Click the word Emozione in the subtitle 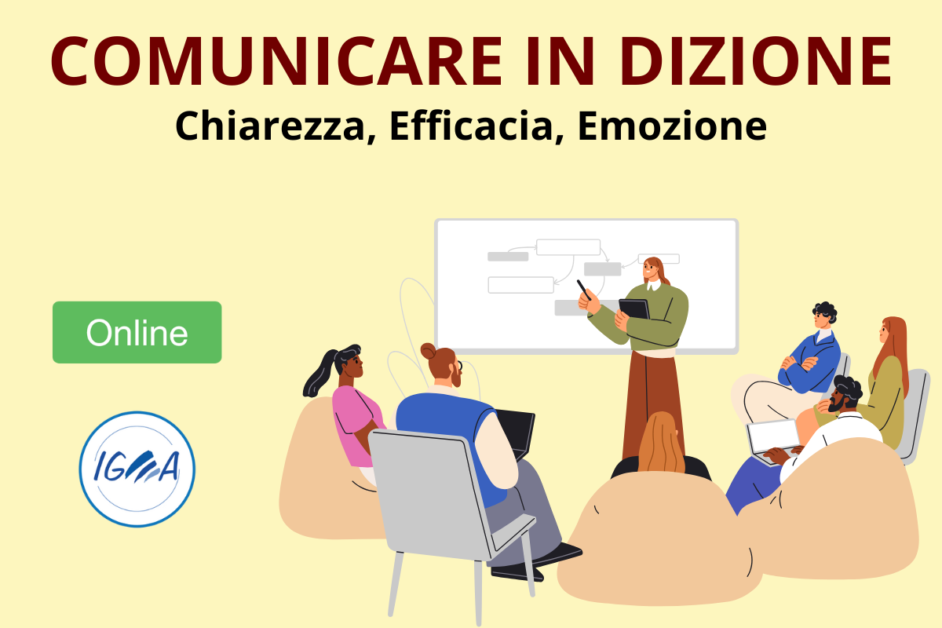tap(672, 126)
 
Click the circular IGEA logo tap(137, 469)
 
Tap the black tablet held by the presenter tap(634, 309)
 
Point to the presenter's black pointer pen tap(584, 290)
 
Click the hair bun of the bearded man tap(429, 350)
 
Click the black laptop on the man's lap tap(517, 433)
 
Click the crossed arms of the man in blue tap(799, 363)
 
